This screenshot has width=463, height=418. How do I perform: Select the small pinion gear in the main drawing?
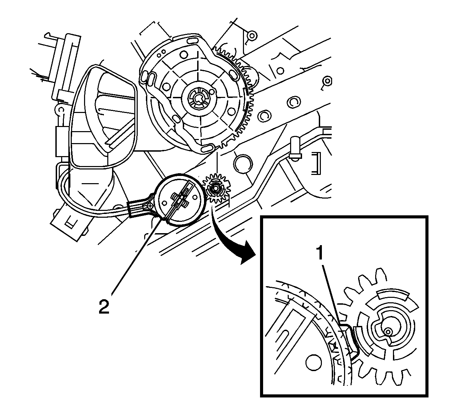pos(216,188)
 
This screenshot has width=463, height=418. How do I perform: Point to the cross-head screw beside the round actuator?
pos(149,206)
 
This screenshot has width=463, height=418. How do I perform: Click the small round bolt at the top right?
pos(251,35)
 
